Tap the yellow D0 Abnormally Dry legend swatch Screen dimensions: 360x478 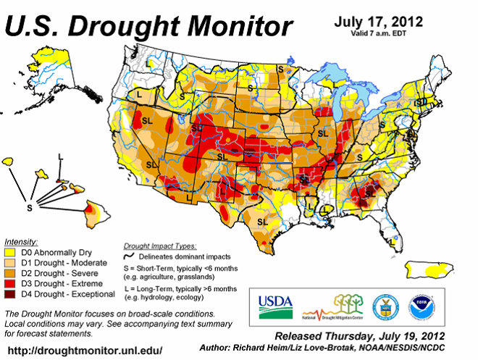click(x=10, y=251)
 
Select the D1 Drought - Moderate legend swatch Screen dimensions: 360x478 click(x=10, y=262)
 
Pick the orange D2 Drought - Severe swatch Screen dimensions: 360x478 click(x=10, y=273)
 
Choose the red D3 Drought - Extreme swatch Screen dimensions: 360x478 click(x=10, y=284)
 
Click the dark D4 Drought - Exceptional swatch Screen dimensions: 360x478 click(x=10, y=295)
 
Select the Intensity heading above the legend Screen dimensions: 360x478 click(x=21, y=240)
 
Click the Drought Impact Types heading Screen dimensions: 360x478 click(x=159, y=246)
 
